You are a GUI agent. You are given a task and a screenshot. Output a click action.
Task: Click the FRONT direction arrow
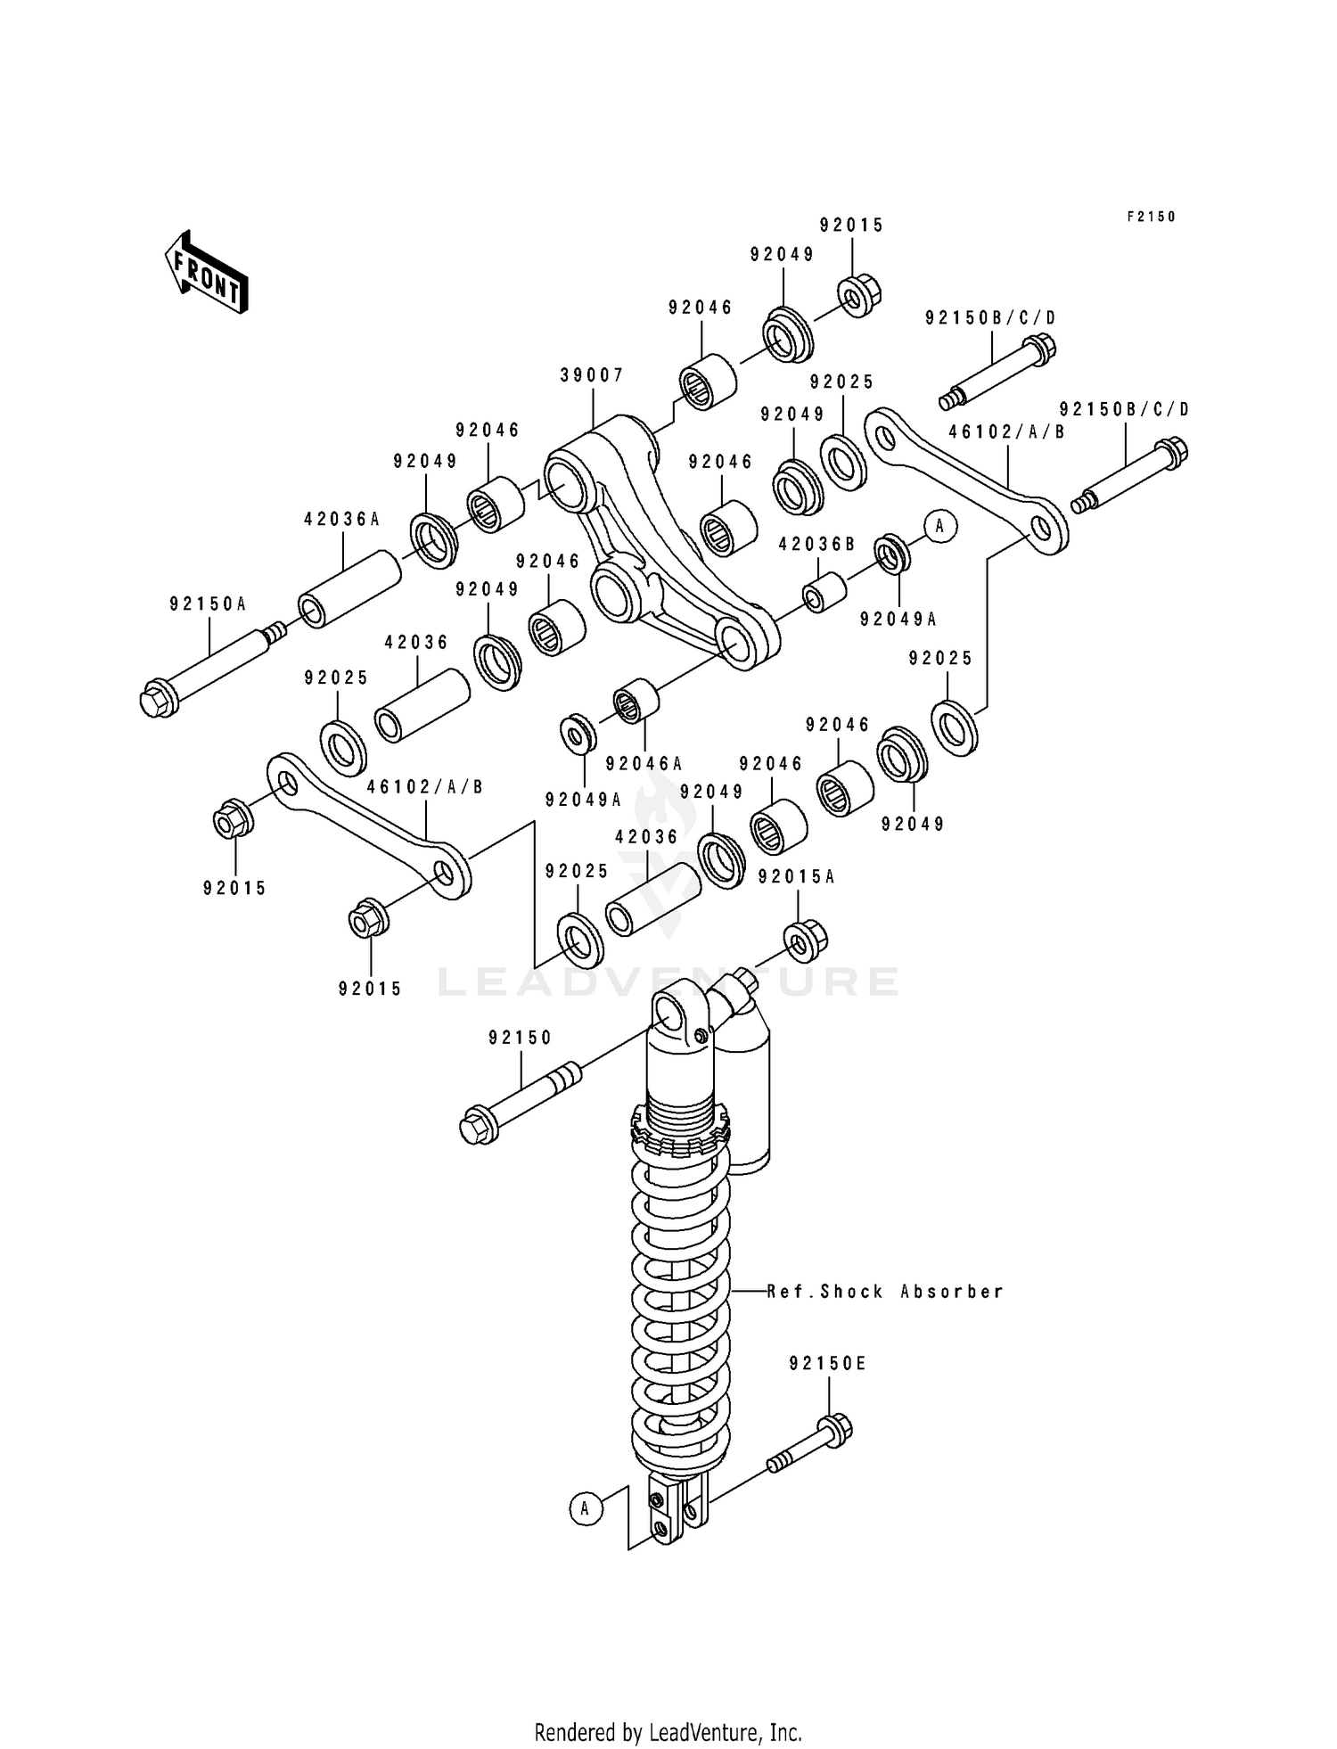click(x=206, y=272)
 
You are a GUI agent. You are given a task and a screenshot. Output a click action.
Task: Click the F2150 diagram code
click(x=1152, y=217)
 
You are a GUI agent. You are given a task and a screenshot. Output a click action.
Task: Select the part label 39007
click(x=592, y=375)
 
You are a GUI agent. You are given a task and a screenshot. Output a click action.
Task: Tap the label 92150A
click(x=208, y=604)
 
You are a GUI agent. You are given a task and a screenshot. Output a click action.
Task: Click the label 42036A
click(x=341, y=518)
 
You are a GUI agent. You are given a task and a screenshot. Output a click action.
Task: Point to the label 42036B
click(x=816, y=544)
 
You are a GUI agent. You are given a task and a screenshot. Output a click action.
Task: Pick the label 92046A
click(x=644, y=763)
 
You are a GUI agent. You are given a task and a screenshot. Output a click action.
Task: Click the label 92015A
click(x=796, y=876)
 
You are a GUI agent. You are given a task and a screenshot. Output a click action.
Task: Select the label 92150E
click(x=827, y=1388)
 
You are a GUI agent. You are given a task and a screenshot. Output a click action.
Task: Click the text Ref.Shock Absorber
click(x=885, y=1291)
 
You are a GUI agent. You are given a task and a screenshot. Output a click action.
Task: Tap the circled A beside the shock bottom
click(x=585, y=1508)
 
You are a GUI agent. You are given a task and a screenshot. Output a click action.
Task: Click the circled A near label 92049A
click(x=939, y=526)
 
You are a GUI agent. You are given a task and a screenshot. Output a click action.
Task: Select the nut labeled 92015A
click(x=805, y=940)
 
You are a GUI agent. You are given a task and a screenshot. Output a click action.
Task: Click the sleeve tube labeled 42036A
click(x=348, y=588)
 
